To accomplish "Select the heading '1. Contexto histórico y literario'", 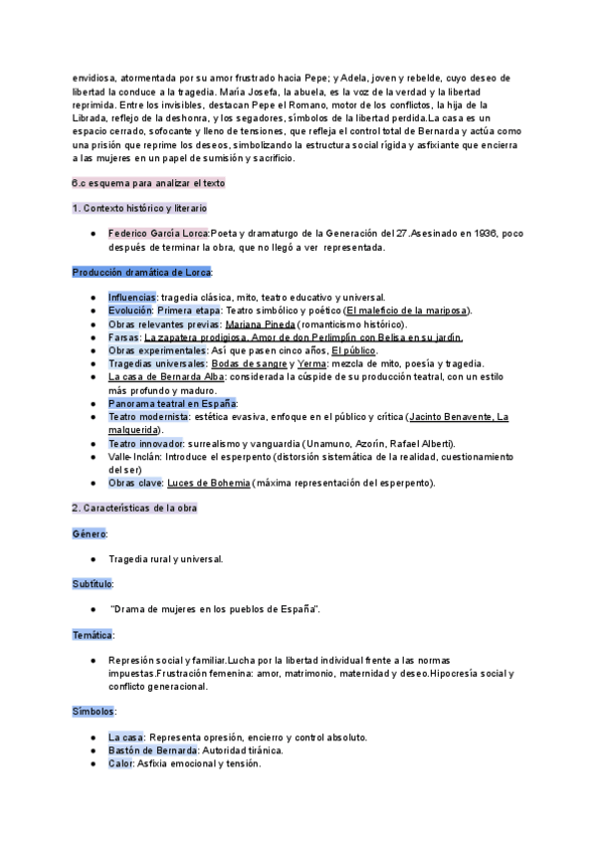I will tap(139, 208).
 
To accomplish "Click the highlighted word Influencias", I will tap(132, 298).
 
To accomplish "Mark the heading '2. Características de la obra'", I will tap(134, 509).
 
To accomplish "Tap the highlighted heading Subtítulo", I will tap(93, 583).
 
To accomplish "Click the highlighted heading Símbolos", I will tap(94, 712).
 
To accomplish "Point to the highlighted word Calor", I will tap(121, 763).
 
